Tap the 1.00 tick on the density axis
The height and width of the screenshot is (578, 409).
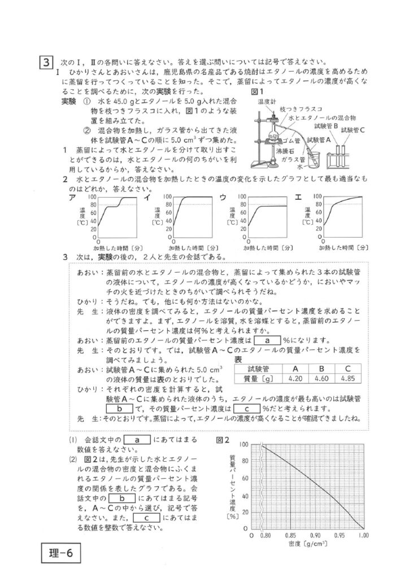(x=362, y=534)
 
